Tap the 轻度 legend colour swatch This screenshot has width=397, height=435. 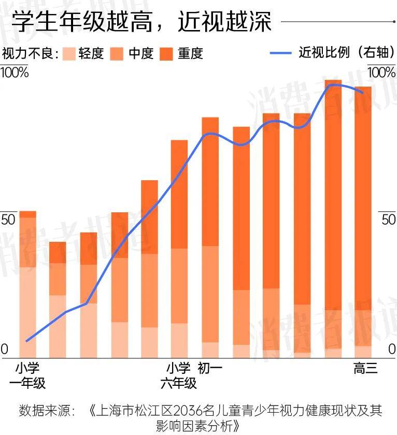[x=69, y=53]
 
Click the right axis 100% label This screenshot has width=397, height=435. [x=381, y=72]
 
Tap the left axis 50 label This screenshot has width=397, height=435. [x=9, y=219]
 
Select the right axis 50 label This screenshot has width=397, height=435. [x=388, y=219]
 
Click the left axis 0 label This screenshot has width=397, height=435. [x=5, y=350]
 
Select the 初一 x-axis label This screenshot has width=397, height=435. [x=210, y=369]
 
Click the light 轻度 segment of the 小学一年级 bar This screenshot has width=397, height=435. [x=27, y=311]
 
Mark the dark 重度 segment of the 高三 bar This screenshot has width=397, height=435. [x=363, y=197]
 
